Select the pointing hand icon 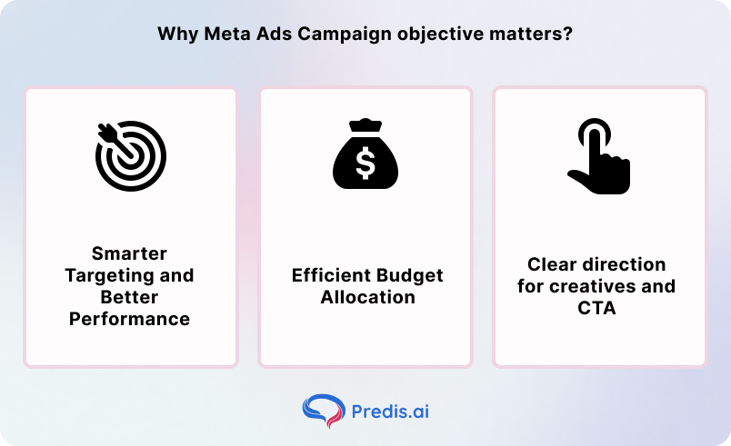point(598,156)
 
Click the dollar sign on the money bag point(365,164)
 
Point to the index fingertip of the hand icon point(592,126)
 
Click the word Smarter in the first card point(130,253)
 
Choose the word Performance point(130,319)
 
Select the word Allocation point(366,297)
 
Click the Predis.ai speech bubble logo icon point(320,411)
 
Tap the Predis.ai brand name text point(390,411)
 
